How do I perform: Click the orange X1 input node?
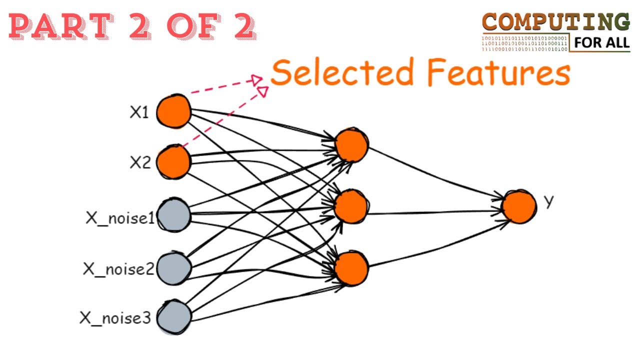(x=173, y=111)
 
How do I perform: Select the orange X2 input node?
(x=173, y=161)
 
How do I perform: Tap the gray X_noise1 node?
(x=173, y=215)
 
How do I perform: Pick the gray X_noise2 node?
(x=173, y=268)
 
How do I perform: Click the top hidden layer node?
(x=351, y=145)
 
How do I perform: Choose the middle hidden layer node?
(x=350, y=207)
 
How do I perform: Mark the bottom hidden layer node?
(x=351, y=268)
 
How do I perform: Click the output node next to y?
(x=519, y=206)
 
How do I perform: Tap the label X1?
(x=139, y=112)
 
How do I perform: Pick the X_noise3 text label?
(x=115, y=318)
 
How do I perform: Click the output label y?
(x=549, y=201)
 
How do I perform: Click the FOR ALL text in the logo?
(x=601, y=43)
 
